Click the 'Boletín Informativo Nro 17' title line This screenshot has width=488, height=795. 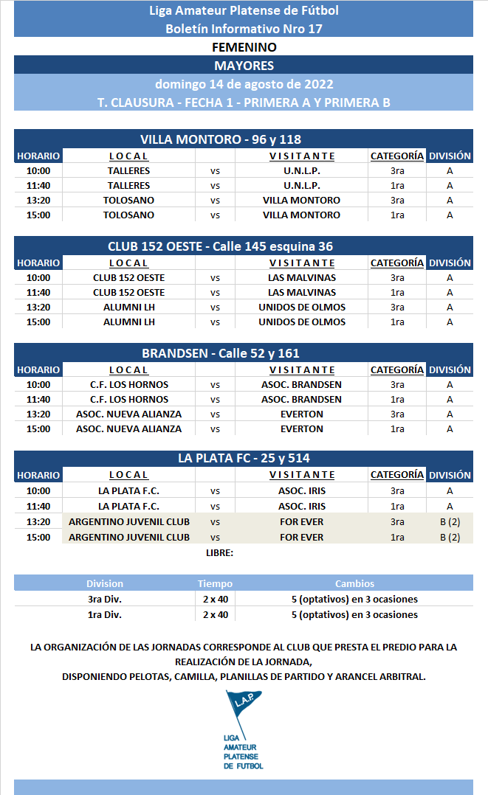(244, 29)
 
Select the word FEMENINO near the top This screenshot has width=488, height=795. (244, 47)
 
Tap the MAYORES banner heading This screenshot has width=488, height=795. (244, 66)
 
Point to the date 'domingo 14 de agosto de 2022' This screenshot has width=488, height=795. (244, 83)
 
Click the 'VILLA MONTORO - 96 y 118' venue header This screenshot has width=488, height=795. (221, 139)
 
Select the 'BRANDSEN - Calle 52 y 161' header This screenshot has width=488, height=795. (221, 353)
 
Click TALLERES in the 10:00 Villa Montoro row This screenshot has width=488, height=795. (128, 170)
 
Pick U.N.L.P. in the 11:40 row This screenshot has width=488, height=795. (301, 186)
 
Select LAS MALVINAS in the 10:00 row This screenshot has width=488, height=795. (301, 277)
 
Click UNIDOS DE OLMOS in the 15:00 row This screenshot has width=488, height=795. (301, 322)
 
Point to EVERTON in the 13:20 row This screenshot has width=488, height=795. (301, 414)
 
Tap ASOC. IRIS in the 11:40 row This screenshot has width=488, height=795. (301, 507)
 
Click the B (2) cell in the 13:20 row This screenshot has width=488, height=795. (450, 522)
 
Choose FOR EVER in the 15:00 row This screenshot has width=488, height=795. (301, 538)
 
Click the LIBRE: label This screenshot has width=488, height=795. (220, 553)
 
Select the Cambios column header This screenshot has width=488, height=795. (354, 583)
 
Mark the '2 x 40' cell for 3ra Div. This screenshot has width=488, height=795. (216, 599)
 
